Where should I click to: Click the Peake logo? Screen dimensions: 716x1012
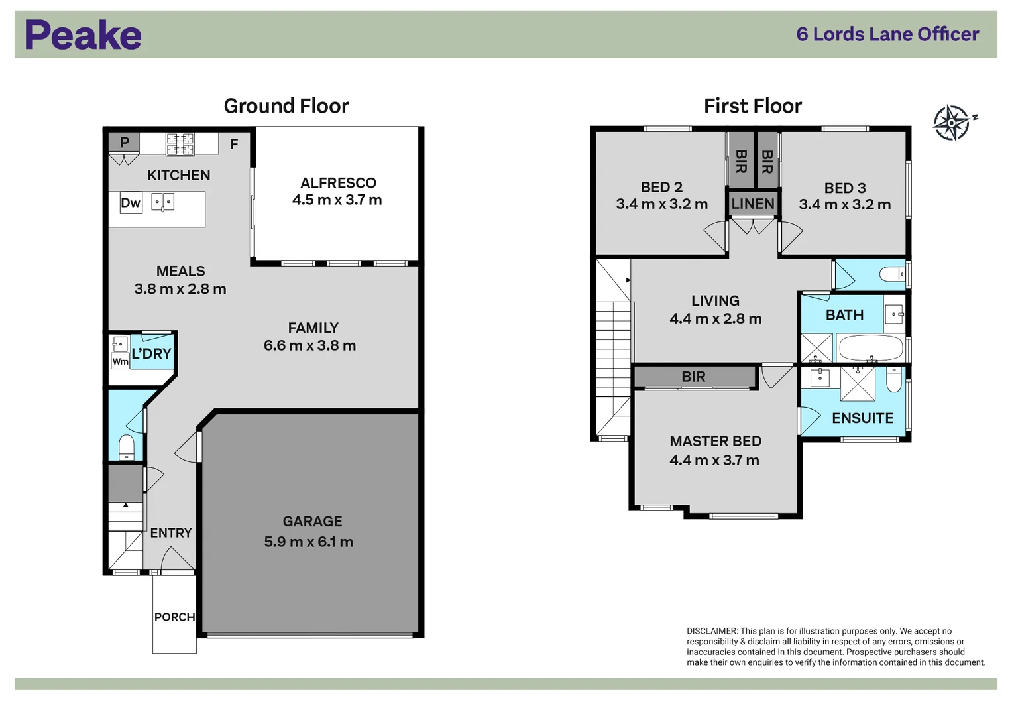pyautogui.click(x=83, y=35)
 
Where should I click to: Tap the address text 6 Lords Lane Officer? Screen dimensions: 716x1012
pyautogui.click(x=887, y=34)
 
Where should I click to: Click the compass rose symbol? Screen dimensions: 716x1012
pyautogui.click(x=952, y=123)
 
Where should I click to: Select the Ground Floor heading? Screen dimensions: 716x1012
pyautogui.click(x=286, y=106)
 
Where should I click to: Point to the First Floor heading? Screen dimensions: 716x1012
pyautogui.click(x=752, y=106)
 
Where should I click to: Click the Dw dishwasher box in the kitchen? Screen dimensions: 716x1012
pyautogui.click(x=131, y=203)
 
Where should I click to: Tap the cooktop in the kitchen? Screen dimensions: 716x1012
pyautogui.click(x=180, y=144)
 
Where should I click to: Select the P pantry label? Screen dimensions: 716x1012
pyautogui.click(x=125, y=142)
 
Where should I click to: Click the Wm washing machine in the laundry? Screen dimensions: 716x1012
pyautogui.click(x=120, y=361)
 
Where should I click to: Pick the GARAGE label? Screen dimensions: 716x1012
pyautogui.click(x=312, y=522)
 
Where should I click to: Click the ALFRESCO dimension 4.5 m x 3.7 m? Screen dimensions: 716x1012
pyautogui.click(x=337, y=200)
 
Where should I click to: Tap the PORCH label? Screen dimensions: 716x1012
pyautogui.click(x=174, y=617)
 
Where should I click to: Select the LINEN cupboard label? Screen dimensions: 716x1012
pyautogui.click(x=753, y=204)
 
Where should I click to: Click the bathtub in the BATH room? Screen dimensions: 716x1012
pyautogui.click(x=870, y=347)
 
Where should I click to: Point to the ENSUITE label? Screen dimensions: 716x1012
pyautogui.click(x=862, y=418)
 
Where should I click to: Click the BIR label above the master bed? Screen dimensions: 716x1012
pyautogui.click(x=693, y=377)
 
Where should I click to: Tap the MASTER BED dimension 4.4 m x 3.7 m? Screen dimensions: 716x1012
pyautogui.click(x=714, y=460)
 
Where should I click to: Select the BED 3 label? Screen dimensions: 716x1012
pyautogui.click(x=845, y=188)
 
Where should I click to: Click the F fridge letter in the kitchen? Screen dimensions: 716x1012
pyautogui.click(x=234, y=144)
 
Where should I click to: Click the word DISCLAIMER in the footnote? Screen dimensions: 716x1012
pyautogui.click(x=712, y=631)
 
